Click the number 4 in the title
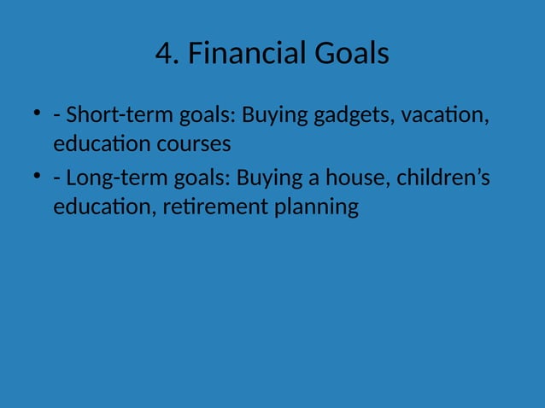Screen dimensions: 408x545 coord(164,54)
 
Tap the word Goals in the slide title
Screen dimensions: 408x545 coord(352,54)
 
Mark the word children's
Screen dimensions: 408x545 coord(442,178)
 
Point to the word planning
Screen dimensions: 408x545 coord(315,207)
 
